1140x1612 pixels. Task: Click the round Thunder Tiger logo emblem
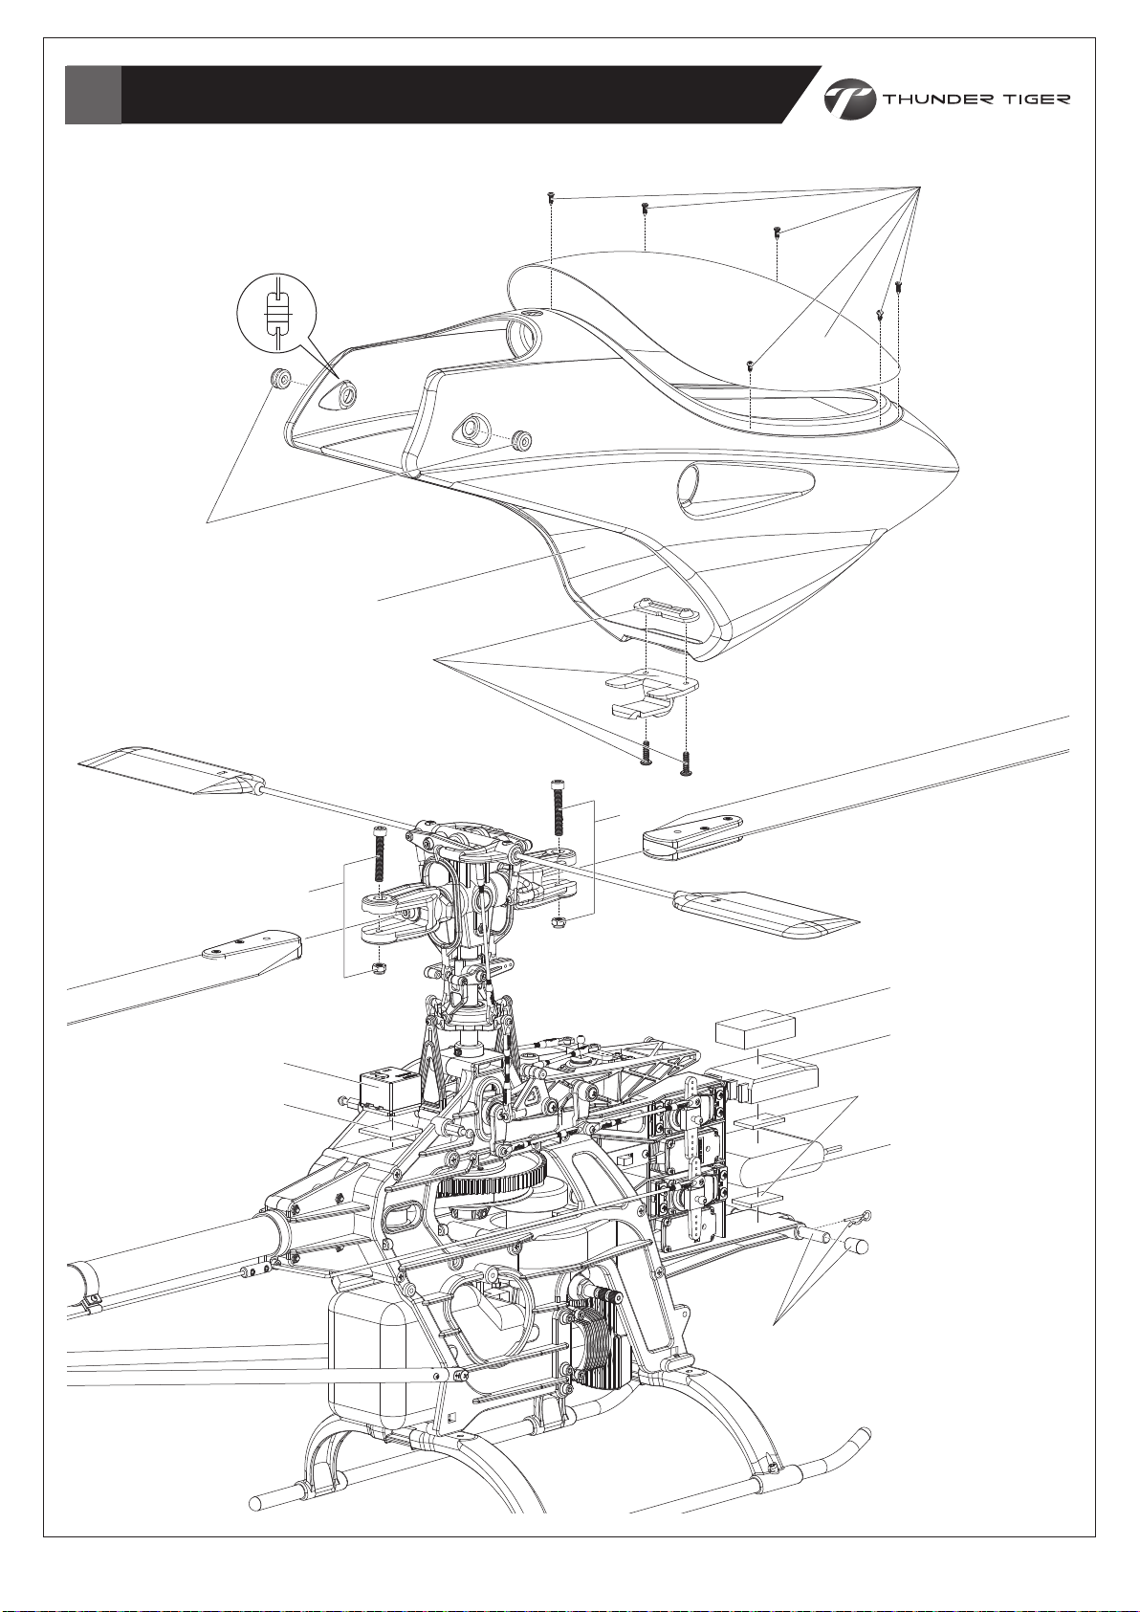point(850,99)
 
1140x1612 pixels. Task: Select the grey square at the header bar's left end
point(93,95)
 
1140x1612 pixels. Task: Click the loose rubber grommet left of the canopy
point(280,377)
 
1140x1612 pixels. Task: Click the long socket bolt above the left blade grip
point(380,854)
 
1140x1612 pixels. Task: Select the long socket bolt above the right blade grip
point(559,807)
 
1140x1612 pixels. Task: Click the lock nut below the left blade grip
point(379,968)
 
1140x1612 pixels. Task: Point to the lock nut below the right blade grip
point(559,921)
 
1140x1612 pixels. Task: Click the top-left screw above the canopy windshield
point(550,196)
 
